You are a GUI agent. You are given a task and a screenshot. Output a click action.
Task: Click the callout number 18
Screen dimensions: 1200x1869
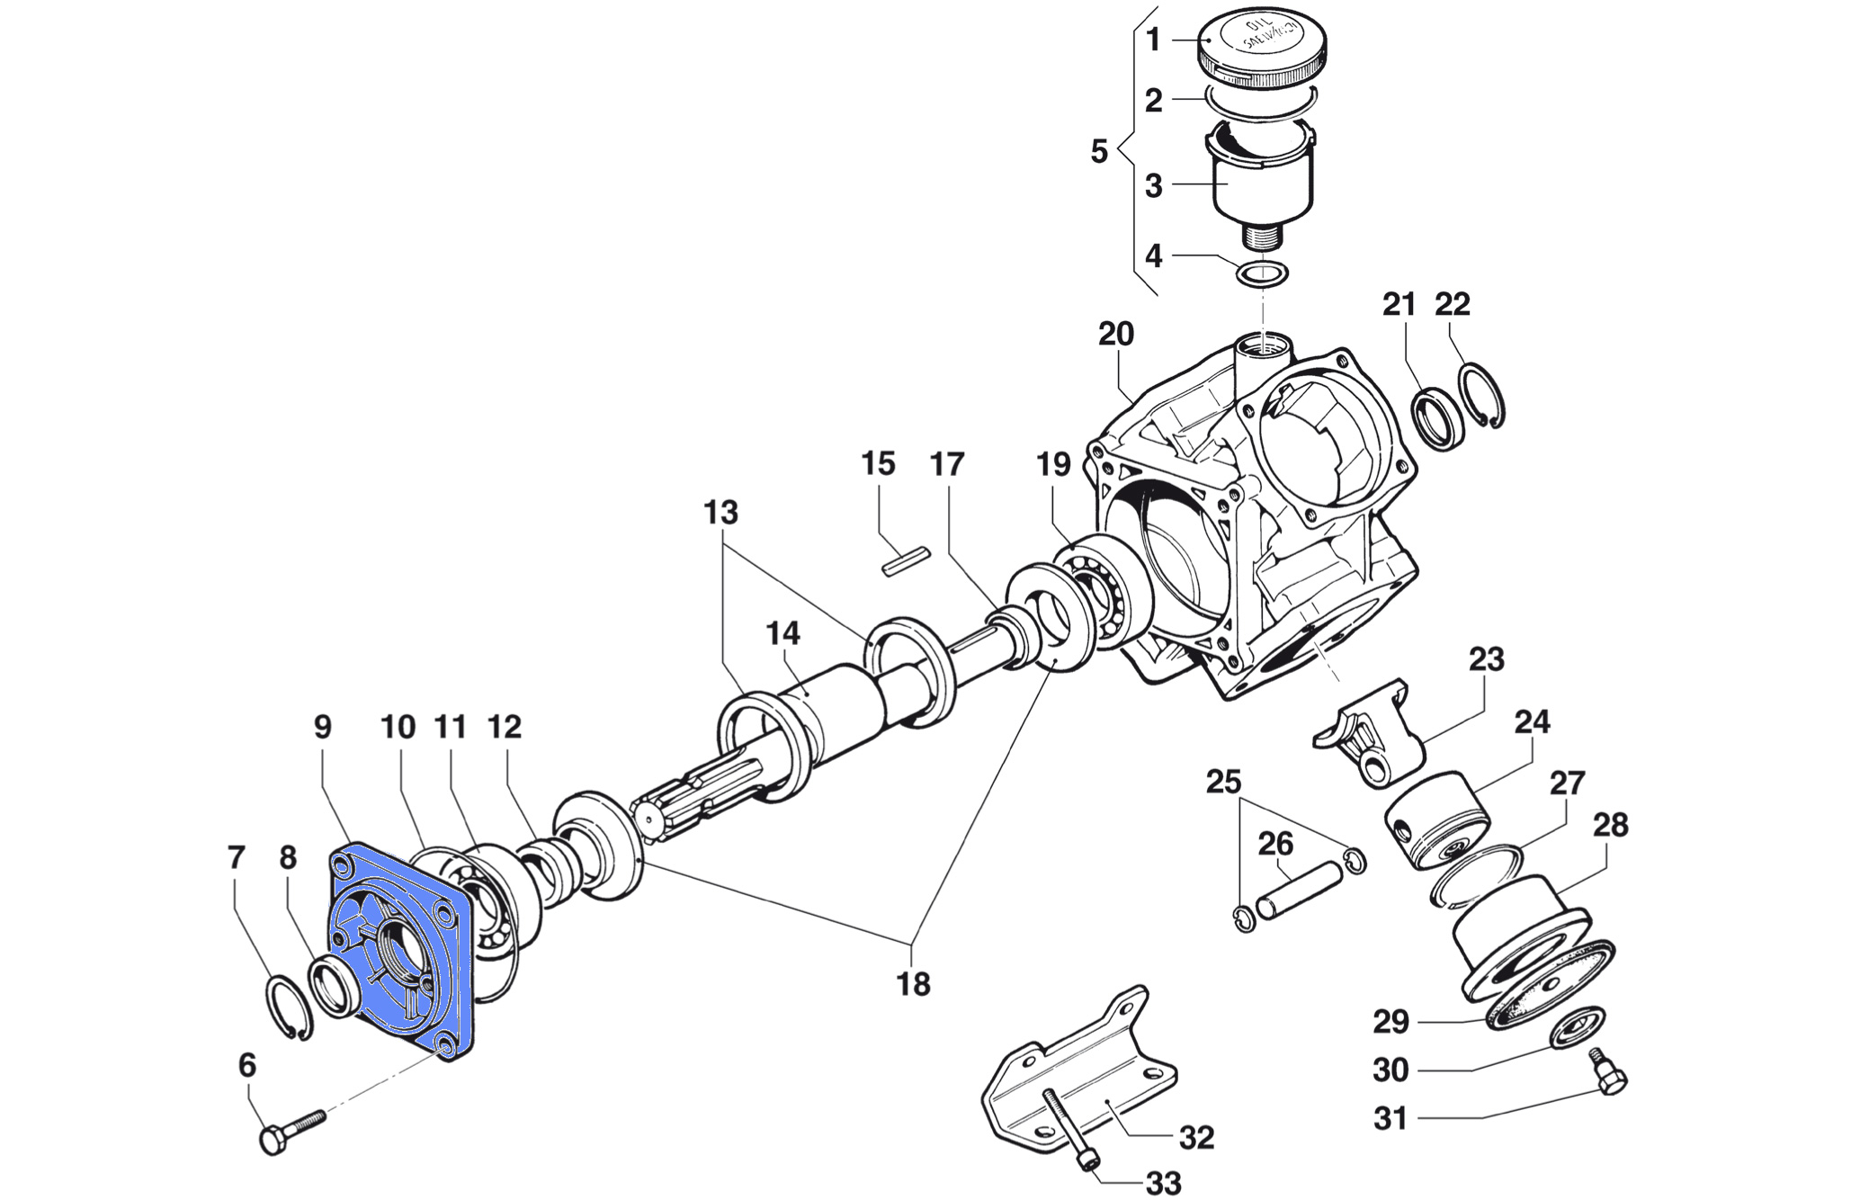pos(913,984)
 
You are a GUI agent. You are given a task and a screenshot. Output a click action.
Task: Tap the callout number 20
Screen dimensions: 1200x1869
pos(1115,334)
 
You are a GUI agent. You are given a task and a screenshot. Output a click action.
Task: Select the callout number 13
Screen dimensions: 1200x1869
pos(720,512)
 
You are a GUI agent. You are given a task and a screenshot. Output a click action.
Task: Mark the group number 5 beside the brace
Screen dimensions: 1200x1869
pos(1098,151)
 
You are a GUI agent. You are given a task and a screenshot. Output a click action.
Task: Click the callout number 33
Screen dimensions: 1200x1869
pos(1163,1183)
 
